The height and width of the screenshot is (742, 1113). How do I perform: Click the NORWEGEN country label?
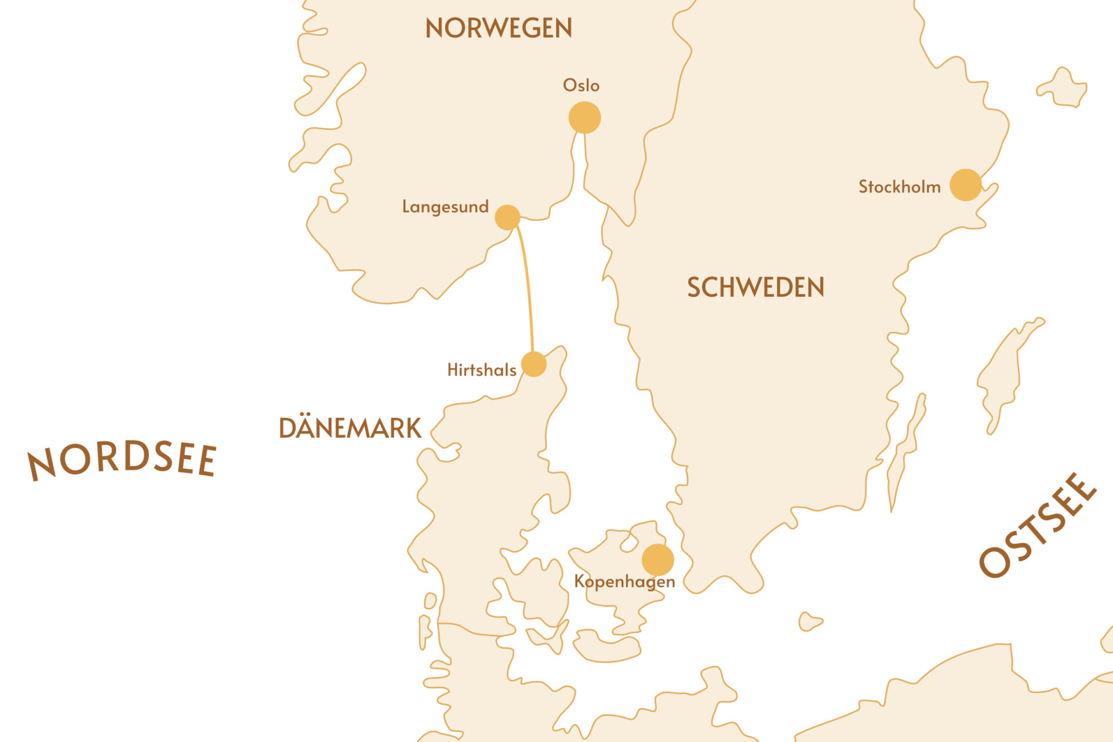499,28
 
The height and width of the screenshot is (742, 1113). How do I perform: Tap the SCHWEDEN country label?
755,288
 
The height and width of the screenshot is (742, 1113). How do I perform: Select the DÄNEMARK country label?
350,428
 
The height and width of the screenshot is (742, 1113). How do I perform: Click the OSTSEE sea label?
1038,525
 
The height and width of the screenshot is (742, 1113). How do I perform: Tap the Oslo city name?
581,85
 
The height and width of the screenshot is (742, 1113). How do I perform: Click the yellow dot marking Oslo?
584,118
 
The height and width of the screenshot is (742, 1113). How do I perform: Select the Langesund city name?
445,207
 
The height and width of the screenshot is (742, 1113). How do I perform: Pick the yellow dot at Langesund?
507,217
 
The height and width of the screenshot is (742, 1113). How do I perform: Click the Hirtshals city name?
481,370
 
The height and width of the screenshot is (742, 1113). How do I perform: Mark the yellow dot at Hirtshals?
533,364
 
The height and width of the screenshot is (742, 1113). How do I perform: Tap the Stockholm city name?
899,187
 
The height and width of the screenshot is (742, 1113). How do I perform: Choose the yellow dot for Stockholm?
965,185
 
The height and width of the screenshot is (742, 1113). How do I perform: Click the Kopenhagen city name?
624,581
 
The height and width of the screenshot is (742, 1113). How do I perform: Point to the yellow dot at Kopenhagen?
657,560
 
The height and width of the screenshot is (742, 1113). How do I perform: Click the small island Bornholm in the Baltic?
809,621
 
